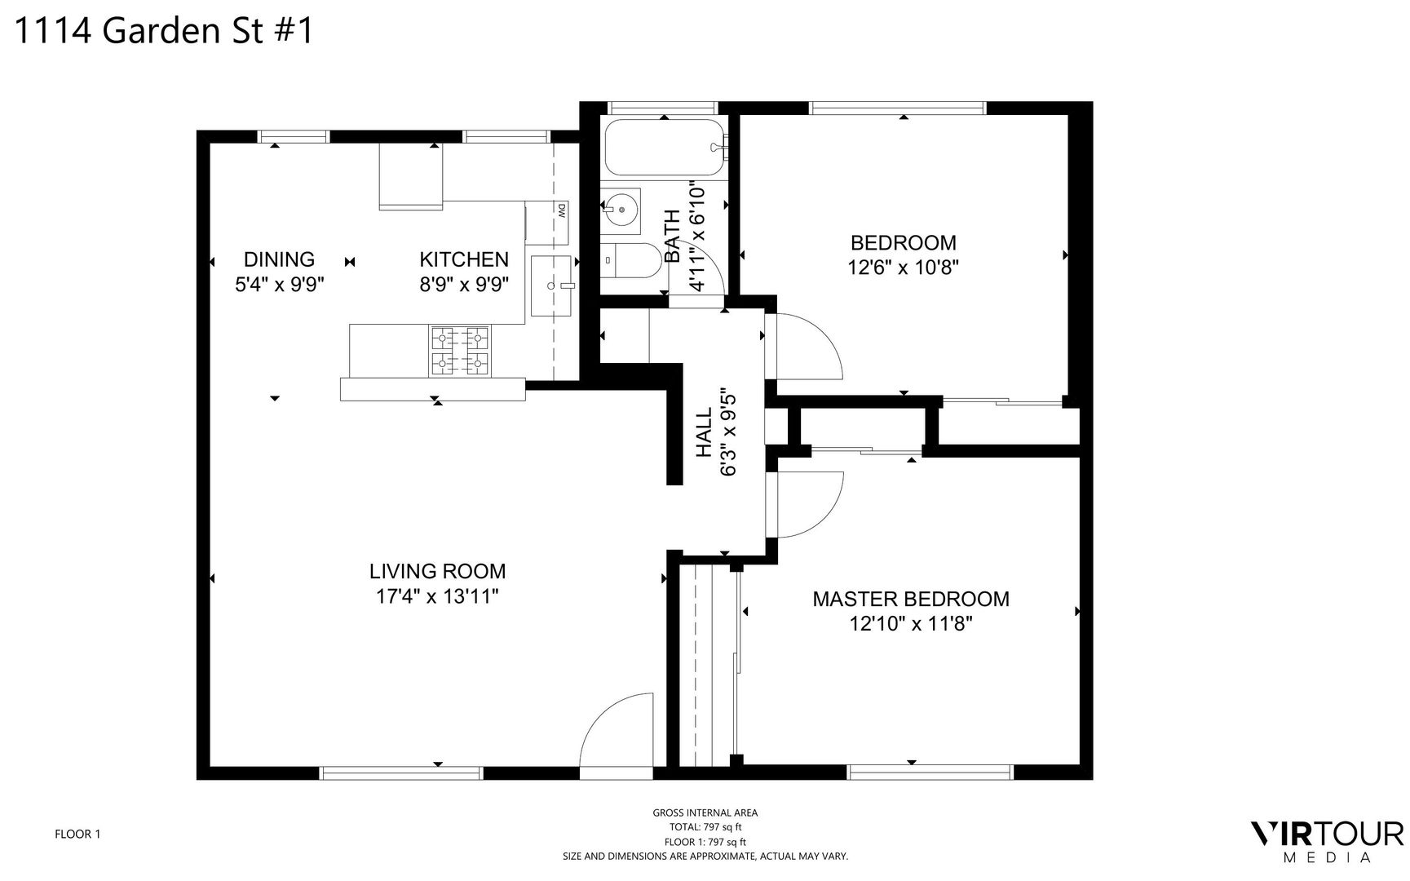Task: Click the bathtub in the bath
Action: click(665, 148)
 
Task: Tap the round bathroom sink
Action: click(621, 209)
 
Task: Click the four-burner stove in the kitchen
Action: click(460, 351)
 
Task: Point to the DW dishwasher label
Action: click(562, 210)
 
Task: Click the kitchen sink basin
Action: click(552, 286)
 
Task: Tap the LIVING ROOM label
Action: click(437, 571)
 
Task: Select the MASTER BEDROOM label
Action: click(911, 599)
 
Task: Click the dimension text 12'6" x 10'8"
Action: click(904, 268)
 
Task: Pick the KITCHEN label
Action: click(464, 259)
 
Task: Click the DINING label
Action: click(279, 259)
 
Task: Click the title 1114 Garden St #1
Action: click(164, 31)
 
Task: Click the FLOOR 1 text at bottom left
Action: click(77, 834)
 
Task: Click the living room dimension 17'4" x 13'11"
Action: click(437, 596)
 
